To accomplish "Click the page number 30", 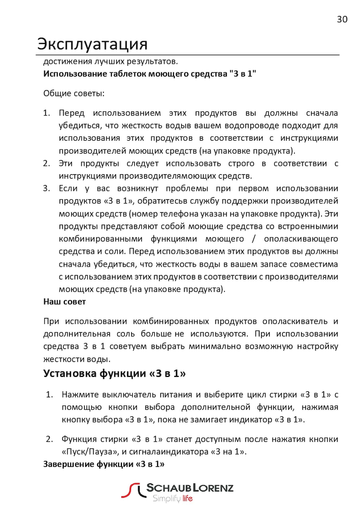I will click(x=342, y=19).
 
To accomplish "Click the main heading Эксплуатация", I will click(x=92, y=44).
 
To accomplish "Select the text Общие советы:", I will click(x=74, y=93).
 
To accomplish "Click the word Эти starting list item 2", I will click(x=65, y=164).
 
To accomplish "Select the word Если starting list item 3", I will click(x=68, y=188).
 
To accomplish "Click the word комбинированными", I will click(x=100, y=239).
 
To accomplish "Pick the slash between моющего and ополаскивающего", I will click(x=254, y=239).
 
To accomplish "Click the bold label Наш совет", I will click(x=64, y=302).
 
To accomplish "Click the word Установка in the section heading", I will click(x=70, y=374).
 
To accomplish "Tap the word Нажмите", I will click(x=80, y=395).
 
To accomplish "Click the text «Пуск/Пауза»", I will click(x=90, y=452).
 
